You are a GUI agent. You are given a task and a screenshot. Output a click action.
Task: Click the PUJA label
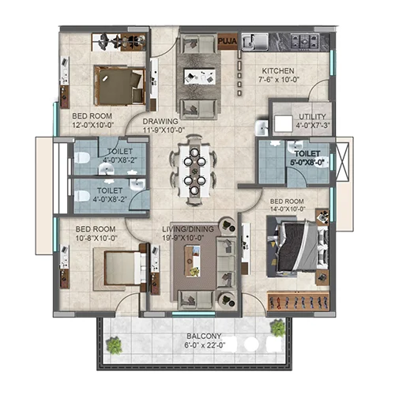coord(228,41)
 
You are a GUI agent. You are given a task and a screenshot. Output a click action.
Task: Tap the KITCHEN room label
coord(278,71)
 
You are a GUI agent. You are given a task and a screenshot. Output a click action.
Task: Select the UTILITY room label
coord(312,116)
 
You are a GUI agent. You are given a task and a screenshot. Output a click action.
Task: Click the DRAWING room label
coord(160,122)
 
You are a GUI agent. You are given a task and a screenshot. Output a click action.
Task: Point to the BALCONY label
coord(204,337)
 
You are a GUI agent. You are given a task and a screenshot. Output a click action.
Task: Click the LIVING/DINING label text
coord(188,229)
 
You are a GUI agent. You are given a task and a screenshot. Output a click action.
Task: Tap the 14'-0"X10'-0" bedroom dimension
coord(287,209)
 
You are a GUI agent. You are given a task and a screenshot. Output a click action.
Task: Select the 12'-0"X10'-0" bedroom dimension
coord(92,125)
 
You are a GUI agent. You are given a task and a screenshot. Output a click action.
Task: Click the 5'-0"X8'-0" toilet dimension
coord(307,163)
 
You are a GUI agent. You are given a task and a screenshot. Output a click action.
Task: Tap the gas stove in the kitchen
coord(305,41)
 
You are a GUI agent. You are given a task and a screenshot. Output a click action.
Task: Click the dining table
coord(194,171)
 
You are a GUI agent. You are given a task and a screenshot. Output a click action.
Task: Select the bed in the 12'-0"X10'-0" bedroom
coord(120,85)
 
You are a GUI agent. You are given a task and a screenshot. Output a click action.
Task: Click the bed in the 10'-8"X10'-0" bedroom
coord(122,268)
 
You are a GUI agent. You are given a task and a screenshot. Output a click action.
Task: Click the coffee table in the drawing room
coord(200,77)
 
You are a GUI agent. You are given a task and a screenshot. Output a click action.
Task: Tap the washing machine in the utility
coord(284,123)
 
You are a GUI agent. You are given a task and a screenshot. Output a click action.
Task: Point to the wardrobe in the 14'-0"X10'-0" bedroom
coord(298,301)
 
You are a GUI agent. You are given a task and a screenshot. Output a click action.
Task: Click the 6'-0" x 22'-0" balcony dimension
coord(205,345)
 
